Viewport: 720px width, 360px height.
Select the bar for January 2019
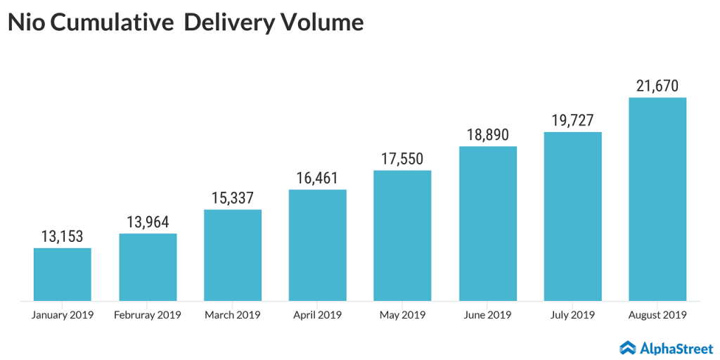[63, 274]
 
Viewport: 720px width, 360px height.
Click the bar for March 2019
[233, 255]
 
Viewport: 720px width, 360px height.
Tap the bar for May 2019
[402, 236]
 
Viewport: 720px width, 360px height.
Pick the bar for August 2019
[657, 199]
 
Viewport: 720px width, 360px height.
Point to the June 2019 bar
[488, 224]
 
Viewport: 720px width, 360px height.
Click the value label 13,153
[63, 236]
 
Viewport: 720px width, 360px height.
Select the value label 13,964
[148, 222]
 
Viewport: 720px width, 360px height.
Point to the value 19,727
[572, 121]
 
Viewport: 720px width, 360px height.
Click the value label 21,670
[657, 86]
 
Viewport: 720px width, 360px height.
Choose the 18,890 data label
[488, 135]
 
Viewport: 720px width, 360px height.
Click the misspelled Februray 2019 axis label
[148, 315]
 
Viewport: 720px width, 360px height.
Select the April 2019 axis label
[317, 315]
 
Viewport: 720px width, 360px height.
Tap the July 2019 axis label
[572, 315]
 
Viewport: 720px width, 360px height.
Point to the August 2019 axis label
[657, 315]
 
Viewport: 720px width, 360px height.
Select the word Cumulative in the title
[112, 23]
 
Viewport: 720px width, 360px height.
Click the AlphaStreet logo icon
[628, 347]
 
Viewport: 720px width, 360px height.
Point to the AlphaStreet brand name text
[676, 347]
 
